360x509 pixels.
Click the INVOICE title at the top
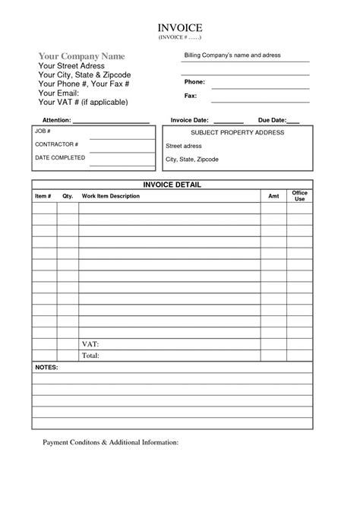(180, 27)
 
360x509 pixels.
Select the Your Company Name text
(81, 56)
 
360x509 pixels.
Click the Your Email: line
(58, 93)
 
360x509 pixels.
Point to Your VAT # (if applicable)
(83, 102)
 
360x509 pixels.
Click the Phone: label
(195, 81)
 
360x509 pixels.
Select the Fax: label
(191, 96)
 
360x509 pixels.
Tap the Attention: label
(57, 121)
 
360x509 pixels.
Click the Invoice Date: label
(190, 121)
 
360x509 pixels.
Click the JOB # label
(43, 131)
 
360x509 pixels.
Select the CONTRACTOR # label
(56, 144)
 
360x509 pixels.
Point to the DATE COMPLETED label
(60, 158)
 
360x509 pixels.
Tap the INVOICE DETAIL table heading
(172, 185)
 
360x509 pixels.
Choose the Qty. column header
(68, 196)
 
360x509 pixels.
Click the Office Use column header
(299, 196)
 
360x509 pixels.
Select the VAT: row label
(90, 344)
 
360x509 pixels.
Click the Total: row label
(91, 356)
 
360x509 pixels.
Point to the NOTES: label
(47, 367)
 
